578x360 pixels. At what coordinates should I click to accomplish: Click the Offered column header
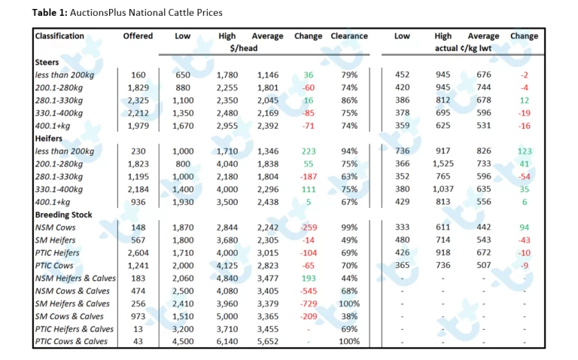[138, 36]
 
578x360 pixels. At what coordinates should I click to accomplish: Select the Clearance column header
[349, 36]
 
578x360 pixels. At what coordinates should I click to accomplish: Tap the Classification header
[59, 36]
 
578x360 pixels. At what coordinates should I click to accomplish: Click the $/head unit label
[244, 48]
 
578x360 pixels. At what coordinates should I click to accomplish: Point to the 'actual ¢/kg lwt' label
[463, 48]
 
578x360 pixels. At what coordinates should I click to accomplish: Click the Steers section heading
[47, 62]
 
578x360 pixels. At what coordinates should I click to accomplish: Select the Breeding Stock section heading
[63, 215]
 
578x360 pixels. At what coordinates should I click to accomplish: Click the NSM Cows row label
[55, 227]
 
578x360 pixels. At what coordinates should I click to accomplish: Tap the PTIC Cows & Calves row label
[71, 342]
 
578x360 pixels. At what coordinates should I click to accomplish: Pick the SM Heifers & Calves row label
[72, 304]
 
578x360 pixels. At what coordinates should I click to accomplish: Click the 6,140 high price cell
[227, 342]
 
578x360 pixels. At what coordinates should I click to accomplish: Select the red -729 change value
[309, 304]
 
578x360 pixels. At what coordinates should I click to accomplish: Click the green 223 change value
[309, 151]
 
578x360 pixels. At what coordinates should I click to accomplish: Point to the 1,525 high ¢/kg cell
[443, 163]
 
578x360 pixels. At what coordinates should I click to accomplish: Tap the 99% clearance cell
[349, 227]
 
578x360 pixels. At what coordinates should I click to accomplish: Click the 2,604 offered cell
[138, 252]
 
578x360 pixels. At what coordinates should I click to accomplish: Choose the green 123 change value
[525, 151]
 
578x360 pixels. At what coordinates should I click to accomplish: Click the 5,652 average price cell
[268, 342]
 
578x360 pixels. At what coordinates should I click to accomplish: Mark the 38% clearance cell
[349, 316]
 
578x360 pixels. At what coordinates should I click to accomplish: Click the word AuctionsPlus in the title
[97, 13]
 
